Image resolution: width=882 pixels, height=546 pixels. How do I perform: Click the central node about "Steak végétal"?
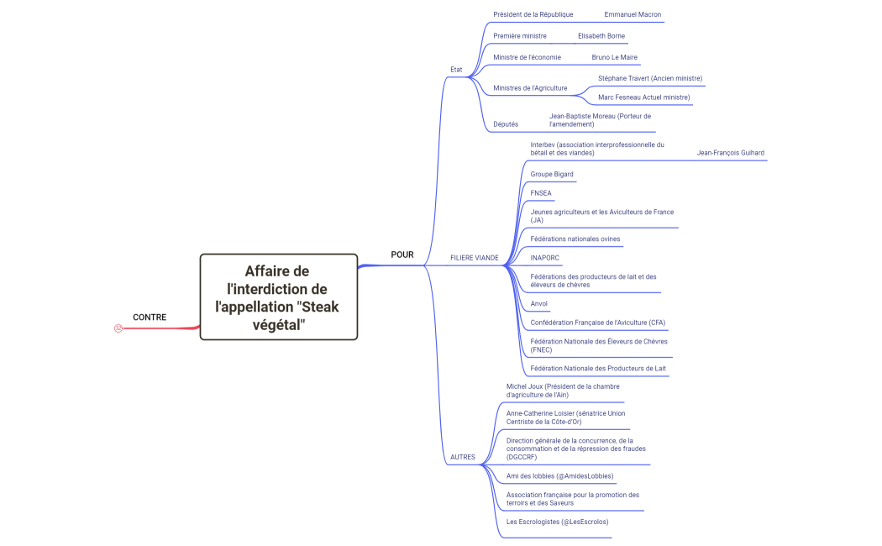278,297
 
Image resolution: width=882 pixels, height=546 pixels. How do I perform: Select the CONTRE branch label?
150,318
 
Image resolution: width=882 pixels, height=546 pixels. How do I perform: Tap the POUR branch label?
402,255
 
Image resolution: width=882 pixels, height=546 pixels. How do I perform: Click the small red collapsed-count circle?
118,328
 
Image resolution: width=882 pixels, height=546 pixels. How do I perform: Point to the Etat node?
456,70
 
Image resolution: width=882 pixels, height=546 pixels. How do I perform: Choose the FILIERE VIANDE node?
474,258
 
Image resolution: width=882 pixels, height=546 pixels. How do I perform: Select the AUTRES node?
462,458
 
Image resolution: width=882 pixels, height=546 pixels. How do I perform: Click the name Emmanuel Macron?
633,15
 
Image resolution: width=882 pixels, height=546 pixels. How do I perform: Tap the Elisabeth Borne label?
601,36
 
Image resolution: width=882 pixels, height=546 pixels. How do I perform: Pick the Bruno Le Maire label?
614,57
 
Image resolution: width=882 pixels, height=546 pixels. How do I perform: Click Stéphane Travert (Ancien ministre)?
650,78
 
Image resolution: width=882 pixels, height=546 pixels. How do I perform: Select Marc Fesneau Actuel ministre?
643,97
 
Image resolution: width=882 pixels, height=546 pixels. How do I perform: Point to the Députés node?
506,124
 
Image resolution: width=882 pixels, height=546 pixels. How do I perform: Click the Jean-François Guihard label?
730,153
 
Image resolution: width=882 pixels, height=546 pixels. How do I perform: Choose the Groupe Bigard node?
552,174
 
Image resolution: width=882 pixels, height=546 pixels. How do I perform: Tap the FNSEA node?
541,193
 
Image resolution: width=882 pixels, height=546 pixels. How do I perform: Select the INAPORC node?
544,258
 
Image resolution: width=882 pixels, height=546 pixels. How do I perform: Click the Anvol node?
539,303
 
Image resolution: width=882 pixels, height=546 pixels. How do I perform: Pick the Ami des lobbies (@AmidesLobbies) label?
559,476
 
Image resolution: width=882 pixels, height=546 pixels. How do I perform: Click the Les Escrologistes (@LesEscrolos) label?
557,522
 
